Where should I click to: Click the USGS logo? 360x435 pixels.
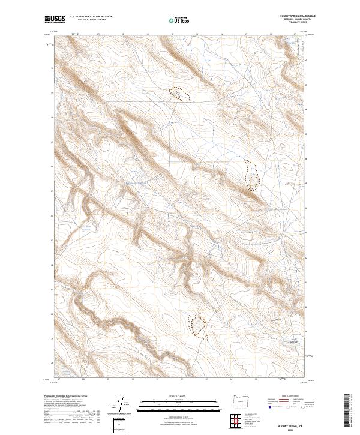pos(55,19)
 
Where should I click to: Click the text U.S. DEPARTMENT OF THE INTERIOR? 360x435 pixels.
pos(91,17)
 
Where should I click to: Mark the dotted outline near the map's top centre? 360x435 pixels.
pos(179,94)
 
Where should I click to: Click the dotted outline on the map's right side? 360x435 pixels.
pos(252,175)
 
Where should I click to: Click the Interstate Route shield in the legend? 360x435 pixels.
pos(269,407)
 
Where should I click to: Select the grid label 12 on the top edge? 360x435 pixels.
pos(172,34)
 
